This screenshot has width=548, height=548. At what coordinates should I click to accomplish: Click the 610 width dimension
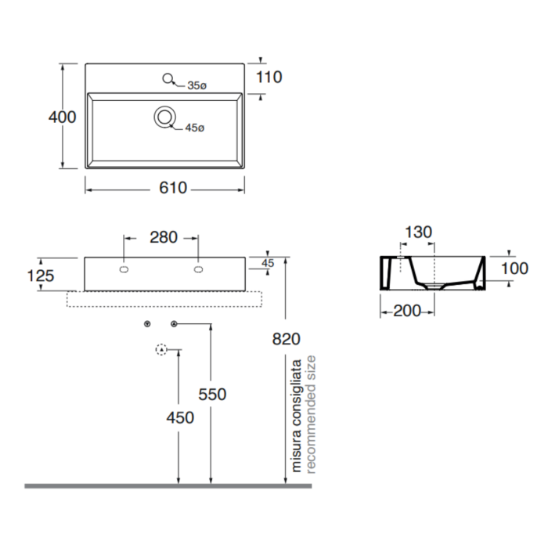point(173,188)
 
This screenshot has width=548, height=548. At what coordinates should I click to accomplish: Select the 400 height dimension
point(62,117)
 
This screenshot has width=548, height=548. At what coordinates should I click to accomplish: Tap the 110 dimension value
point(269,78)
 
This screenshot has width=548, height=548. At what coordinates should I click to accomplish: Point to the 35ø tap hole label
point(197,85)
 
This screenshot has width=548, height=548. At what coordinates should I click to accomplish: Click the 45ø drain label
point(195,128)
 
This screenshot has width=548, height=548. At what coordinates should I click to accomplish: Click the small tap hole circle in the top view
point(168,78)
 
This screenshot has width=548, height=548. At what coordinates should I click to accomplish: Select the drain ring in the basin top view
point(164,117)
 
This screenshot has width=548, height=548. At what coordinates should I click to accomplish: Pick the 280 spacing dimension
point(164,238)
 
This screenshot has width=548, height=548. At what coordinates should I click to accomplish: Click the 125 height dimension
point(41,276)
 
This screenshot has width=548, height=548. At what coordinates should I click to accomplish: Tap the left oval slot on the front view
point(124,269)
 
